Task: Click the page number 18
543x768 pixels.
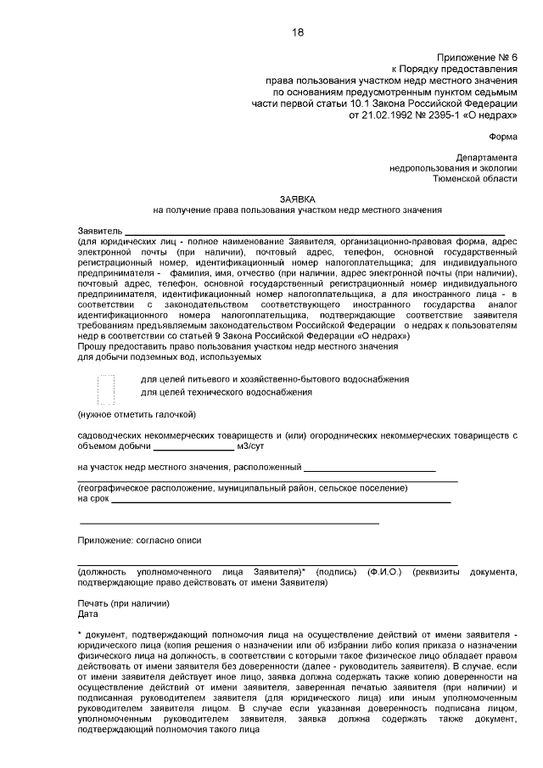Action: (298, 32)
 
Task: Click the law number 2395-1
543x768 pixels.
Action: (437, 113)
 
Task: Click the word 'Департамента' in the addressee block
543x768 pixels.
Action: (485, 157)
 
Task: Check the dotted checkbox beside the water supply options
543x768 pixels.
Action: (106, 386)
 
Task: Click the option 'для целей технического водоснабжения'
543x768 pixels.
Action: (226, 392)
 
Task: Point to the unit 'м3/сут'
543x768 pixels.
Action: (254, 446)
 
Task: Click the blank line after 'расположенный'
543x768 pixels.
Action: (370, 468)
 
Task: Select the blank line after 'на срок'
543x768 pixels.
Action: (281, 500)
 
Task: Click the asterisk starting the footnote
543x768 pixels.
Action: (79, 633)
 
